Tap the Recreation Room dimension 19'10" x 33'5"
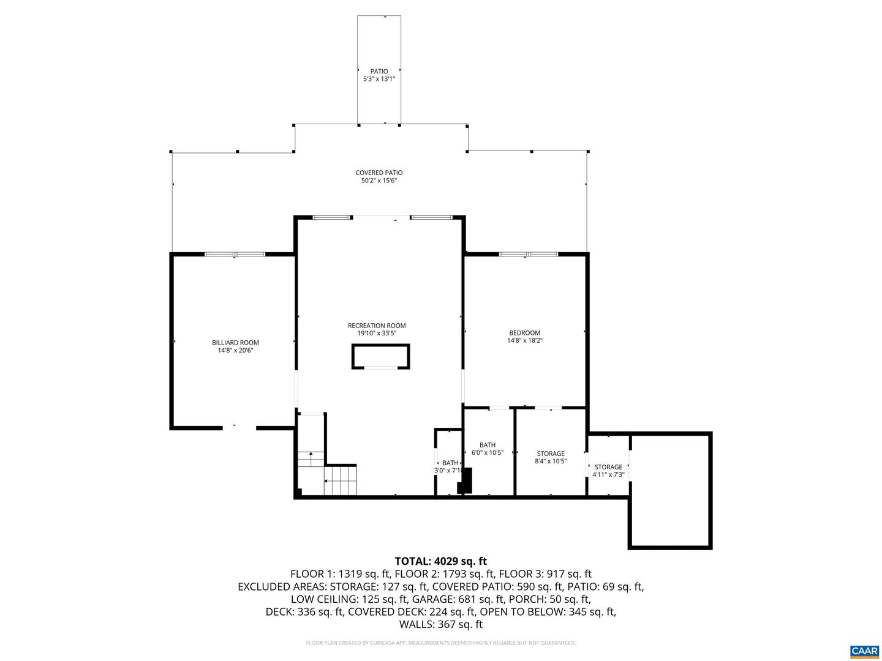point(377,334)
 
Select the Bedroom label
point(524,333)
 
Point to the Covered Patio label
point(379,173)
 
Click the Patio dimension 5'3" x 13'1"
point(379,79)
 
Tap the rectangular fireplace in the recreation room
point(380,356)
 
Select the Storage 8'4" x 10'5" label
point(551,454)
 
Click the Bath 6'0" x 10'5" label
point(488,445)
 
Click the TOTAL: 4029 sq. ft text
point(440,561)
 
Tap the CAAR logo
point(864,651)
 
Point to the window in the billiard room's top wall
point(235,254)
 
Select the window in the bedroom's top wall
point(529,254)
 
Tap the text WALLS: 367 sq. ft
point(440,625)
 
